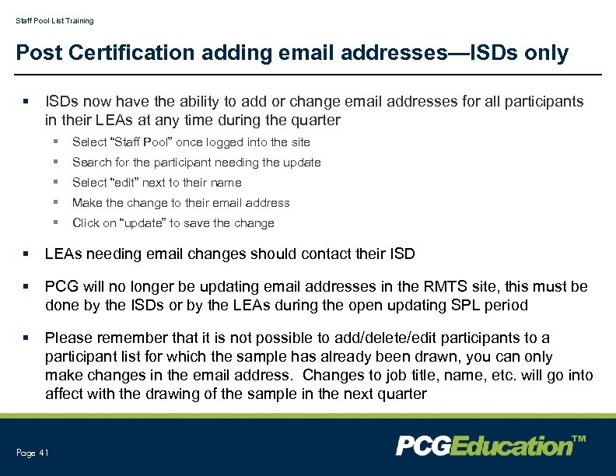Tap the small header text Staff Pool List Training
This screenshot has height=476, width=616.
[x=54, y=20]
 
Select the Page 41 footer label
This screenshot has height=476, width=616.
[x=32, y=453]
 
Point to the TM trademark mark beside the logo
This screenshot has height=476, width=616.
[x=579, y=440]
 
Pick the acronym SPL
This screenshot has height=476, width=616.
[x=467, y=305]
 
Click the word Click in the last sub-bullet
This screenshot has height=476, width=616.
[x=86, y=222]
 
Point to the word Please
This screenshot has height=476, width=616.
[x=68, y=338]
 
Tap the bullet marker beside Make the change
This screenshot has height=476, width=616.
[x=56, y=203]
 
